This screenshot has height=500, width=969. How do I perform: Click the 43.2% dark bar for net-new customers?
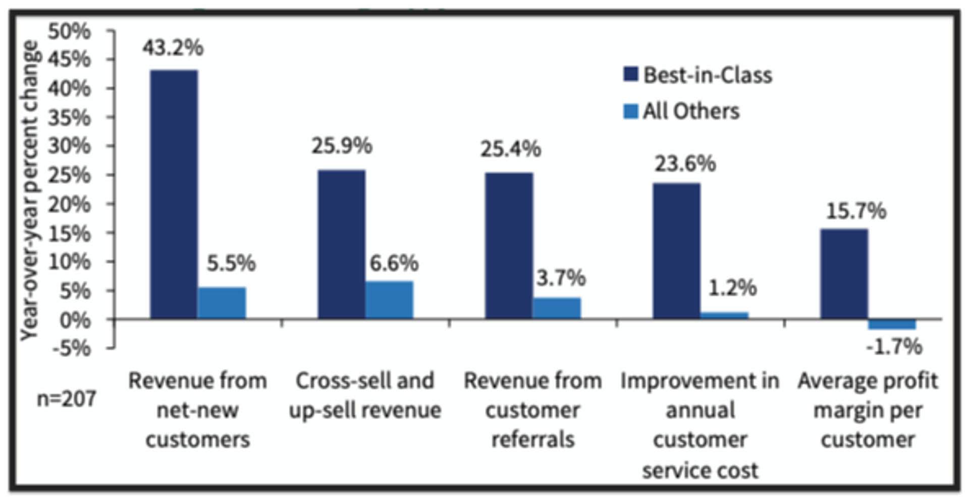point(174,194)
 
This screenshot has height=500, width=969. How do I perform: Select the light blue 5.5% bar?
point(222,303)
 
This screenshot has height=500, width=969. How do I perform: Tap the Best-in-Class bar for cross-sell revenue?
point(341,244)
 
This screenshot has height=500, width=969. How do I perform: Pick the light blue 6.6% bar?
point(389,300)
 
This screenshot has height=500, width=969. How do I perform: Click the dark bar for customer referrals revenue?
point(509,246)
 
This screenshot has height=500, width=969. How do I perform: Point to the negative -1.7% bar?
point(892,324)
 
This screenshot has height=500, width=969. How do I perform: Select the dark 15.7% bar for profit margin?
point(844,274)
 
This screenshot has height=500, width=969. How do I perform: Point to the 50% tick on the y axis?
point(70,31)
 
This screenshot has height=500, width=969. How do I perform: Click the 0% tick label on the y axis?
point(76,320)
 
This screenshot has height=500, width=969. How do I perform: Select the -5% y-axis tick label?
point(74,348)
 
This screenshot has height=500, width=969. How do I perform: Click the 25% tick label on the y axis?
point(70,175)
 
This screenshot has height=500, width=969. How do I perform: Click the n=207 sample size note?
point(66,399)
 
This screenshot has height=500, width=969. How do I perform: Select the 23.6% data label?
point(685,164)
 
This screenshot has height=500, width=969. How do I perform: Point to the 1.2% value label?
point(732,288)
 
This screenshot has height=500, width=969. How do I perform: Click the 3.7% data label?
point(561,277)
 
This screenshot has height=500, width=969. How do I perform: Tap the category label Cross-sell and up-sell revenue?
point(364,395)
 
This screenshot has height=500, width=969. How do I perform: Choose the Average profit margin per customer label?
point(868,410)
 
